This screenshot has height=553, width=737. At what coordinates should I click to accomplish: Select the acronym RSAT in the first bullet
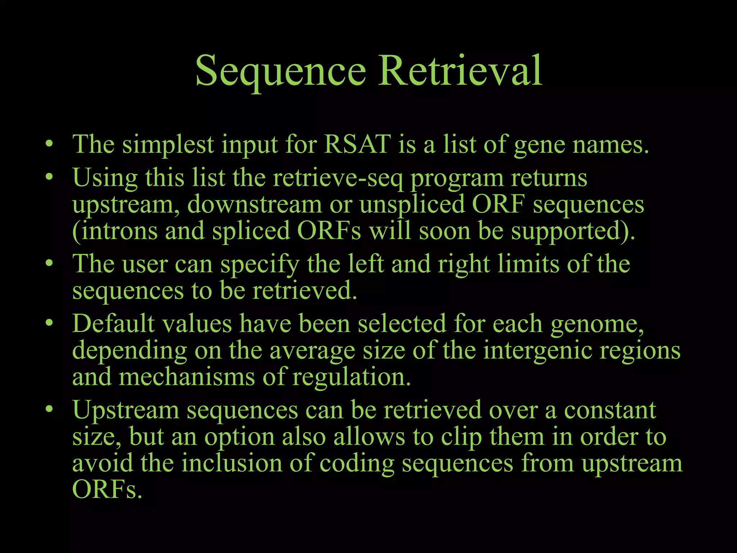pyautogui.click(x=357, y=144)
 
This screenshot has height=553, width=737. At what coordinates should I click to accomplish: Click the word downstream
pyautogui.click(x=254, y=204)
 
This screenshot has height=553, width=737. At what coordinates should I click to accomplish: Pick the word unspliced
pyautogui.click(x=412, y=205)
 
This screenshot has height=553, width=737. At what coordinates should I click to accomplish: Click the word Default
pyautogui.click(x=113, y=323)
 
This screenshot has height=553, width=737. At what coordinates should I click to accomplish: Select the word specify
pyautogui.click(x=260, y=264)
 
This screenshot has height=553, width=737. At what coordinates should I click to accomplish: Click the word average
pyautogui.click(x=312, y=351)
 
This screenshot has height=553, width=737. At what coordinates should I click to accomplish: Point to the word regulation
pyautogui.click(x=351, y=377)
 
